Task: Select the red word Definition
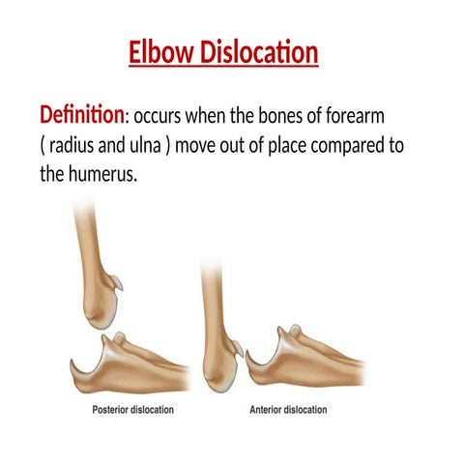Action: coord(81,116)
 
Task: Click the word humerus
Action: coord(105,177)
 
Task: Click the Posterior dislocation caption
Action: coord(132,409)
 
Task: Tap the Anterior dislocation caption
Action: coord(288,409)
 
